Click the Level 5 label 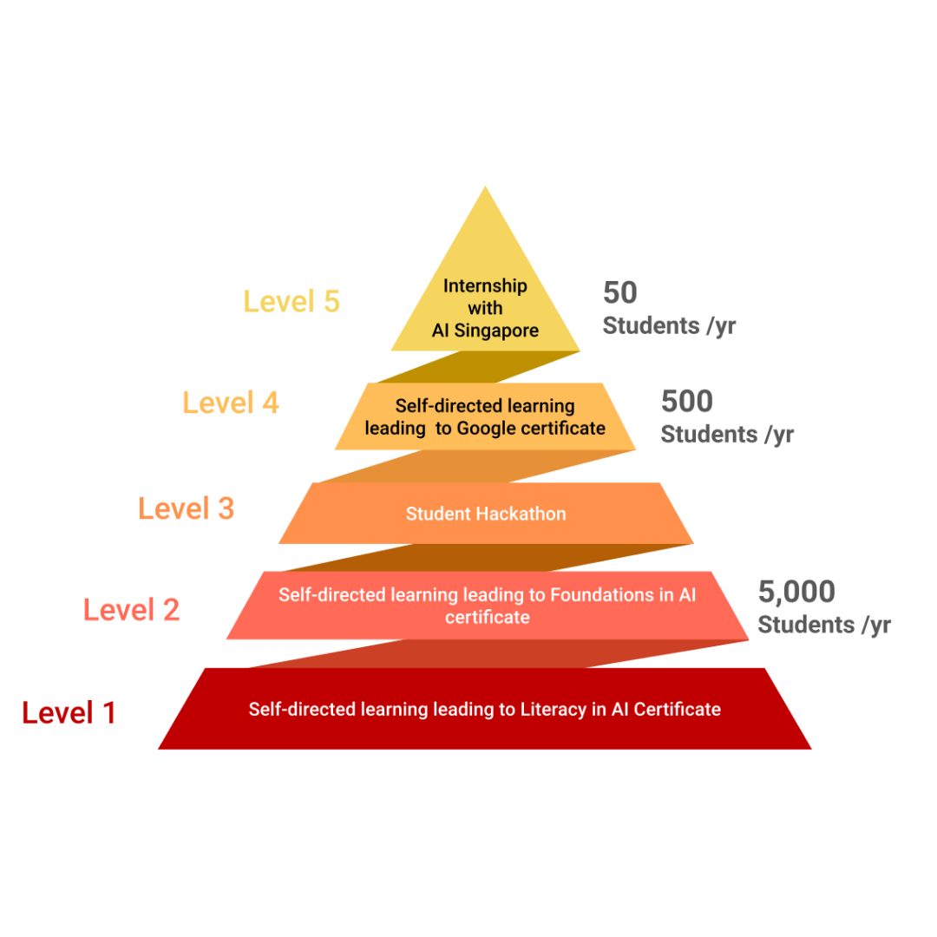(291, 301)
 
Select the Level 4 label (231, 403)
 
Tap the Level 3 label (186, 508)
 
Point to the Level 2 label (132, 610)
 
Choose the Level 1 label (69, 712)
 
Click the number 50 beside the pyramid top (620, 292)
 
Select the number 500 (687, 401)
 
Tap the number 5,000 (796, 592)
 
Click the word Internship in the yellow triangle (485, 286)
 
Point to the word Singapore (496, 331)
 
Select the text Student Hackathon (486, 514)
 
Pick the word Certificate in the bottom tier (677, 710)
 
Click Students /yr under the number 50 (669, 326)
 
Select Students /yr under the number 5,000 (825, 625)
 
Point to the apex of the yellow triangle (485, 187)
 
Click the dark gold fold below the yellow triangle (478, 367)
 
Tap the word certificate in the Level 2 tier (488, 618)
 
